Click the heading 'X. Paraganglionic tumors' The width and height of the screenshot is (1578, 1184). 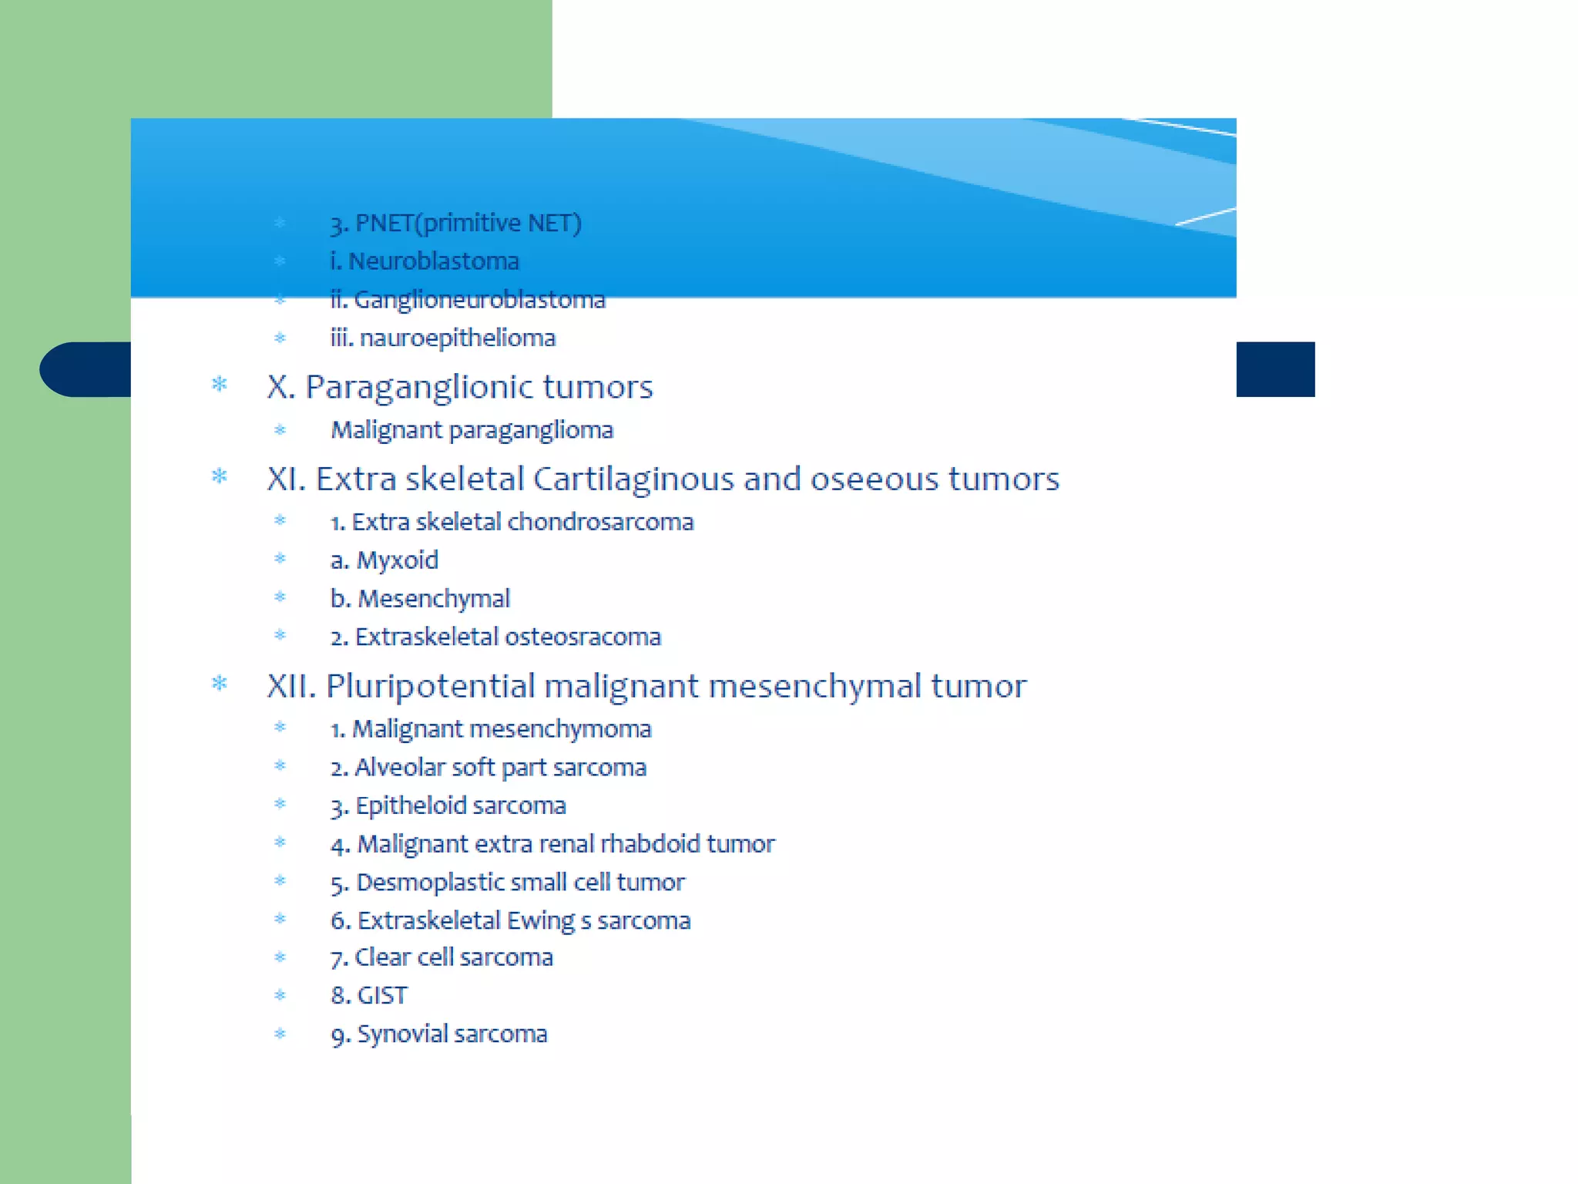point(459,387)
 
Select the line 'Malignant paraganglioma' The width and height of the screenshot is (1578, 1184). point(472,430)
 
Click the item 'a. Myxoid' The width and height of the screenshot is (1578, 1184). point(384,560)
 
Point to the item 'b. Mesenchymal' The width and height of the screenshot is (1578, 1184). point(420,599)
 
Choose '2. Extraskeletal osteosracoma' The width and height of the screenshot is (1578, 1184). point(495,637)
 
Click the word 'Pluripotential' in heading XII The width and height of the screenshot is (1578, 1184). point(430,686)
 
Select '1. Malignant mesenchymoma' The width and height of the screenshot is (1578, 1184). point(491,729)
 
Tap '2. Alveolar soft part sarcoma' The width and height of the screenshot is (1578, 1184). point(489,768)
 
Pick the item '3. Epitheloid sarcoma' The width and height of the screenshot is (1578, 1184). point(448,806)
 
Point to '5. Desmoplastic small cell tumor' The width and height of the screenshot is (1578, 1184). point(507,883)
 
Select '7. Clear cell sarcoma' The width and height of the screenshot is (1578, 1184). point(442,957)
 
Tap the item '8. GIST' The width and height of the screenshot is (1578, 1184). point(369,996)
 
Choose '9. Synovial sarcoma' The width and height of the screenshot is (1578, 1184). point(439,1034)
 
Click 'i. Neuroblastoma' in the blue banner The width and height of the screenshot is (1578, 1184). point(425,261)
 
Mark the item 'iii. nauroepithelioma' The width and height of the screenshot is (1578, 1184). point(443,338)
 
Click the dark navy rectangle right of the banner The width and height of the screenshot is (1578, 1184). point(1275,369)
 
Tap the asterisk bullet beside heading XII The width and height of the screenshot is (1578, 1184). point(220,684)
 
